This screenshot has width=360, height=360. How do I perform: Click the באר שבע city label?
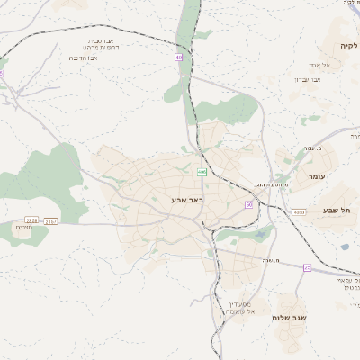point(189,200)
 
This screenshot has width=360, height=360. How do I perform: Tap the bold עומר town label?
point(319,176)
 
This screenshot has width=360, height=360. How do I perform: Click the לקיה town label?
point(347,45)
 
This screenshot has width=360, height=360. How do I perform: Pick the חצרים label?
point(25,228)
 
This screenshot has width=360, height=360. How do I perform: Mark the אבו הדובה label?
point(84,58)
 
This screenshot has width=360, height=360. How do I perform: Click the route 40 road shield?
point(179,57)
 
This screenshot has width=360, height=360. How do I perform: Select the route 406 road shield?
point(202,171)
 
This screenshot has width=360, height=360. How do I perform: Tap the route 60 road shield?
point(248,204)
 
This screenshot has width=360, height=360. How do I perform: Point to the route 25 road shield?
point(307,267)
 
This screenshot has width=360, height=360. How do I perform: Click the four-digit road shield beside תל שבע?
point(298,212)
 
